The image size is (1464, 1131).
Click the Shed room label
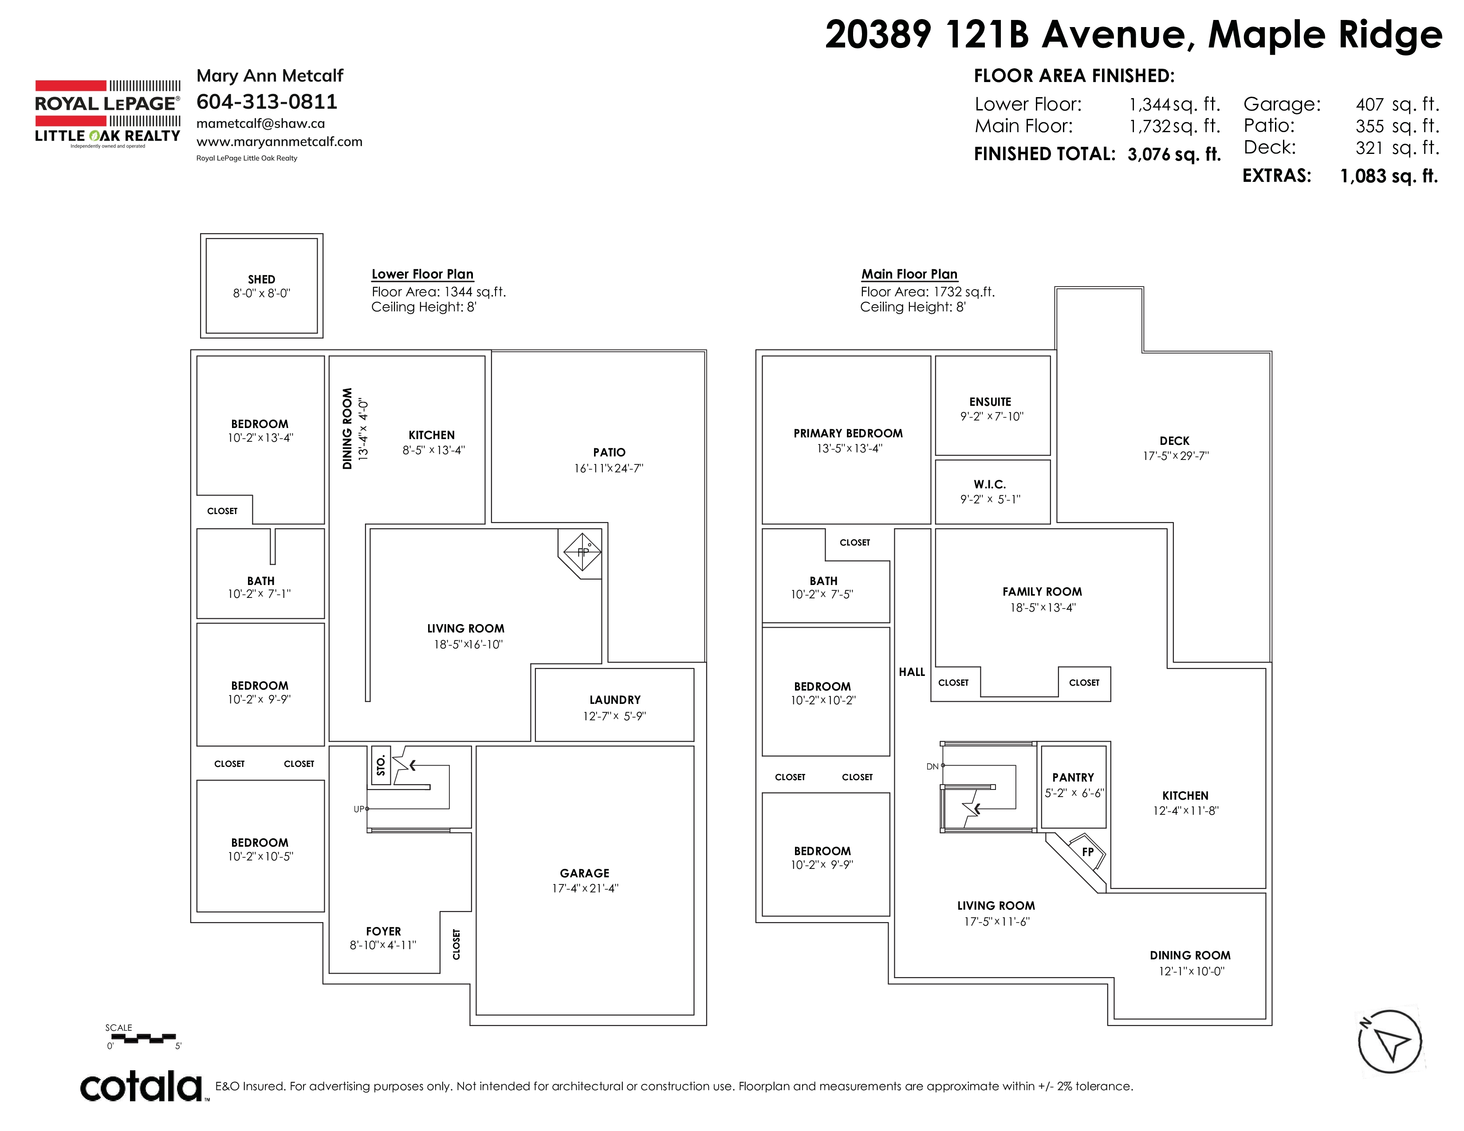(261, 279)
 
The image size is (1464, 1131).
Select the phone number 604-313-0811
(267, 102)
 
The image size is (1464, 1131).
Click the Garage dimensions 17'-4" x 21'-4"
(585, 888)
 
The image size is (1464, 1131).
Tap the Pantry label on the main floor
(1073, 777)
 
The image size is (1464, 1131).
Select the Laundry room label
(615, 699)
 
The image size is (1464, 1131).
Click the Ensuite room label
(990, 402)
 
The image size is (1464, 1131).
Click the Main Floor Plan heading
(909, 274)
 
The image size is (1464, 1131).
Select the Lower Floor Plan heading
(422, 274)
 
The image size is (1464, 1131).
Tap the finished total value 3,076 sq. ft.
(1174, 155)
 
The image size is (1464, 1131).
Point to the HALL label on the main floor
(912, 672)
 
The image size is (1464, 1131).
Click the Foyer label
(383, 931)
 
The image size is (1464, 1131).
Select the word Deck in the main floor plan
(1174, 441)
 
